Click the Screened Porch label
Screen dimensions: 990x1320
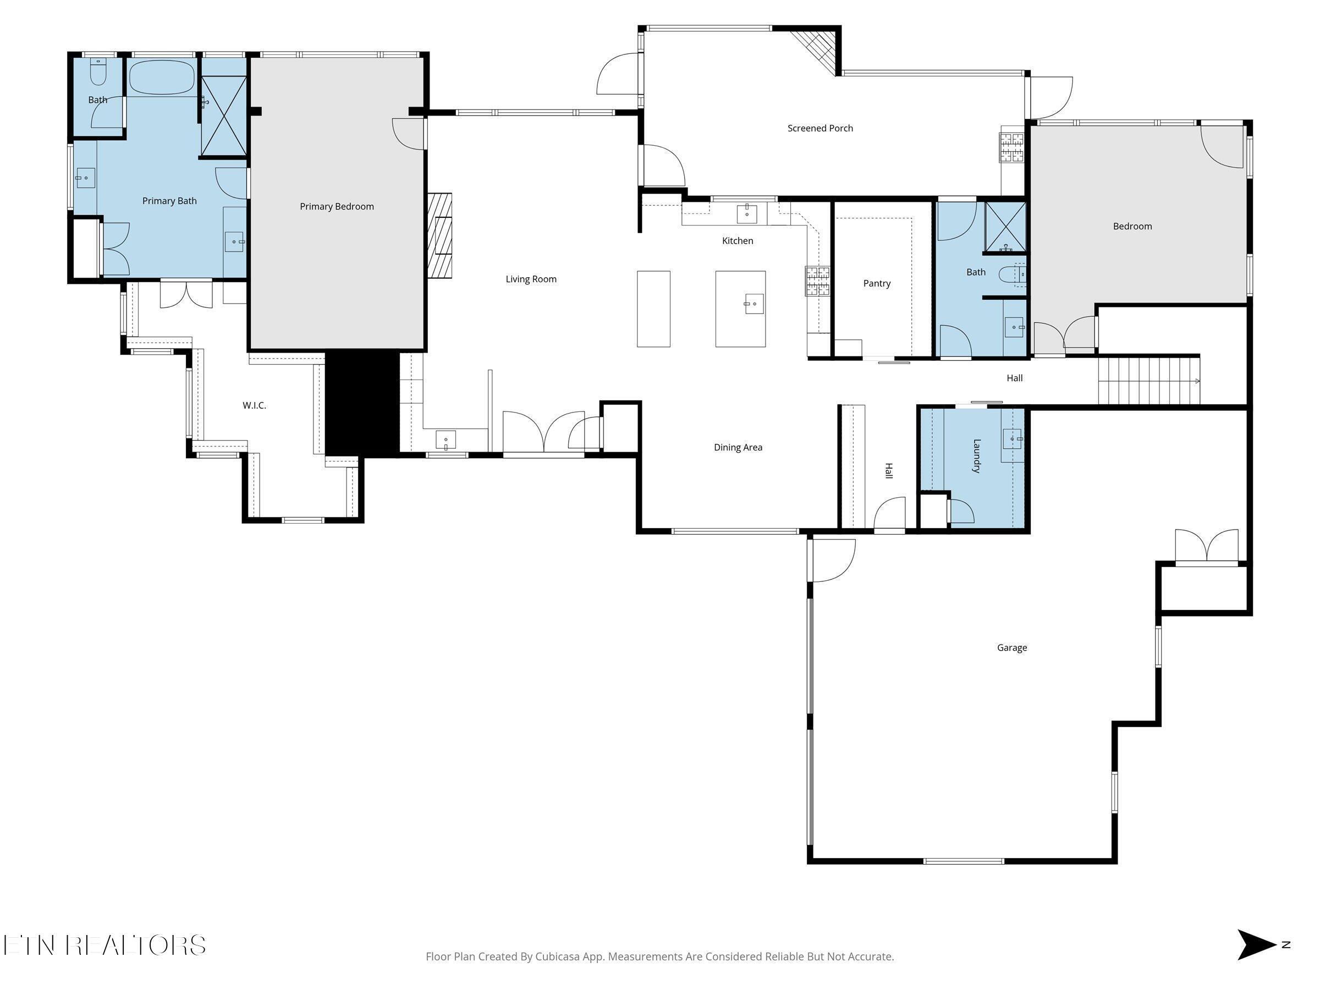pos(820,128)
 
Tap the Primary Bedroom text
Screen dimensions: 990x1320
pos(337,206)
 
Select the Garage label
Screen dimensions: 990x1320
pos(1011,647)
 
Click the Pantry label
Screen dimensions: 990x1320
pos(877,283)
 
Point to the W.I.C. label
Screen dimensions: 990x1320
pos(254,405)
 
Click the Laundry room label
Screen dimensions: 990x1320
pos(977,456)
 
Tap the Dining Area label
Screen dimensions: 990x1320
pos(738,448)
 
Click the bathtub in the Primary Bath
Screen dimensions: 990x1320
pos(162,77)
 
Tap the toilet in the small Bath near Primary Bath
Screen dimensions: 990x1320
pos(98,72)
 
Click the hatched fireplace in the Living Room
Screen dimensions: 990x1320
pos(440,235)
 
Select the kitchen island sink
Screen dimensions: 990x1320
pos(754,304)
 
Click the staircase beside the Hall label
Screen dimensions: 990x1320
pos(1148,380)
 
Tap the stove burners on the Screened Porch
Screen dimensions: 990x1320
pos(1011,147)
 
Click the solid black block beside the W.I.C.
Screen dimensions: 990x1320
pos(362,404)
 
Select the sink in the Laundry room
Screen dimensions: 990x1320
pos(1012,438)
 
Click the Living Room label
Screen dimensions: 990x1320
pos(531,279)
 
